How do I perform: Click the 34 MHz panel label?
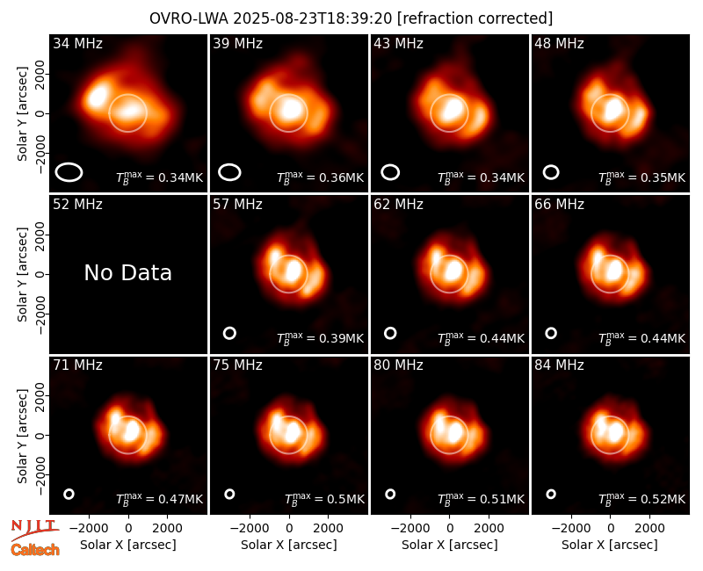point(77,43)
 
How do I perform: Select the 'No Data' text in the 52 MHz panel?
point(127,272)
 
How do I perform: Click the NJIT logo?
point(34,530)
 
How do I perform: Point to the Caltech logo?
point(35,550)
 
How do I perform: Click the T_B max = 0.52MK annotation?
point(641,498)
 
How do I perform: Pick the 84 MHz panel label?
point(559,365)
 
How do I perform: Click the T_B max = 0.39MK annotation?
point(320,337)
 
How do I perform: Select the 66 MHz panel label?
point(559,205)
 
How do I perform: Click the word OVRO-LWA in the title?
point(188,18)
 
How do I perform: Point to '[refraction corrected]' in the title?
point(475,18)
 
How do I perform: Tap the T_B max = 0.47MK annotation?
point(160,498)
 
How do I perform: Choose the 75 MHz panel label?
point(237,365)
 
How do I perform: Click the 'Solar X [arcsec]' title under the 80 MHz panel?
point(450,545)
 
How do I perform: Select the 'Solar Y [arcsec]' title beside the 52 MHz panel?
point(23,274)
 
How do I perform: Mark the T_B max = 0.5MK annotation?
point(324,498)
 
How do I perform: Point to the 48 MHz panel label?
point(559,43)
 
